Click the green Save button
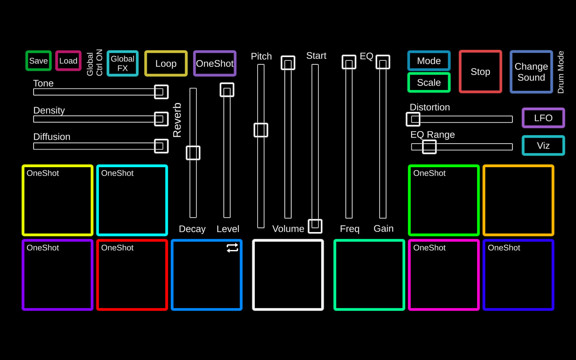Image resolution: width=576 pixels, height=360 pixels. [38, 61]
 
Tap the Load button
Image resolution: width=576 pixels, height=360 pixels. [68, 61]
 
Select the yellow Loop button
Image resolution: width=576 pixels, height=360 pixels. [166, 63]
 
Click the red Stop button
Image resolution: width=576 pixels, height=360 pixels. [480, 72]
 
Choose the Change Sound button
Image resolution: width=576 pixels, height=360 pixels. [531, 72]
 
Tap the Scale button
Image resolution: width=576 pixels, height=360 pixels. [429, 82]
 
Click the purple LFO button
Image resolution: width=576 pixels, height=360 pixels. [543, 118]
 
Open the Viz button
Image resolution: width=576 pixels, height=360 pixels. [543, 146]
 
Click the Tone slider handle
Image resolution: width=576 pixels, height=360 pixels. [161, 92]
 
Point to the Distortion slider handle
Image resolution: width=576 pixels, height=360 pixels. [413, 119]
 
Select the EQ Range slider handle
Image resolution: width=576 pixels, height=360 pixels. [429, 147]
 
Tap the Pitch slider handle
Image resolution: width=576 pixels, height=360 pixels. [261, 130]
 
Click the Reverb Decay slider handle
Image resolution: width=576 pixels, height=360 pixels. [193, 153]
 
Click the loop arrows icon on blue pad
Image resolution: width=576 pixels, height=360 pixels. [232, 248]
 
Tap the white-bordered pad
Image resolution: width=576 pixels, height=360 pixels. [288, 275]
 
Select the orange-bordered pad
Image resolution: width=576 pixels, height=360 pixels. [518, 200]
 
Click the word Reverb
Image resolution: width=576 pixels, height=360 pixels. [177, 120]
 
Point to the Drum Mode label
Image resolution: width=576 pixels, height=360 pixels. [561, 72]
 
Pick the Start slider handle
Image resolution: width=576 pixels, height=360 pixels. [315, 226]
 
